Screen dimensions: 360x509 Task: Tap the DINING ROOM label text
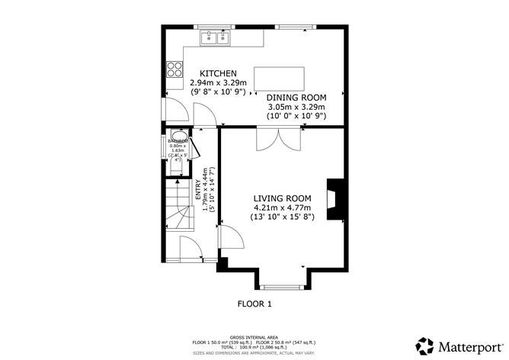coord(296,98)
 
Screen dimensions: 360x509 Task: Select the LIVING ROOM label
coord(283,198)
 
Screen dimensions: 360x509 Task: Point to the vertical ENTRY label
coord(198,188)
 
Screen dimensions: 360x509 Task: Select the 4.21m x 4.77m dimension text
coord(282,207)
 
